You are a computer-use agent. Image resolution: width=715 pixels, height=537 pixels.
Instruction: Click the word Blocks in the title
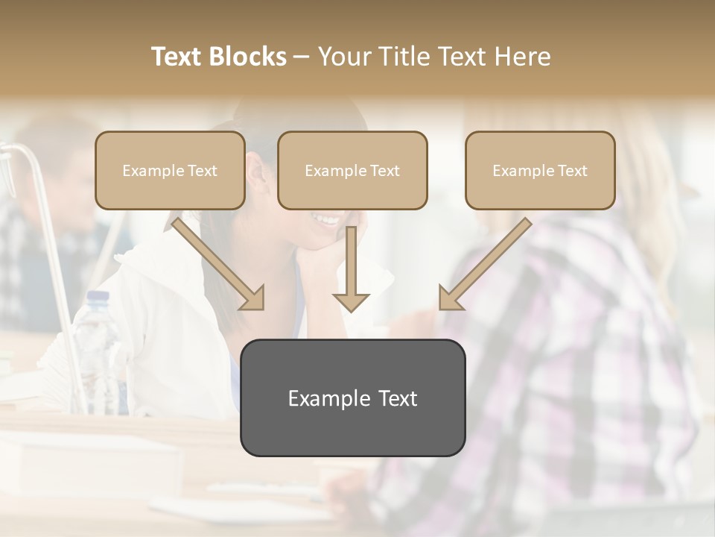click(249, 57)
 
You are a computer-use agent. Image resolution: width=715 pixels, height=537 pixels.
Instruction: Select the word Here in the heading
click(523, 57)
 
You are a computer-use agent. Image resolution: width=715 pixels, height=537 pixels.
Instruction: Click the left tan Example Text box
click(170, 170)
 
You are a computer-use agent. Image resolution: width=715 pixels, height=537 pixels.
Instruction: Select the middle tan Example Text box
click(352, 170)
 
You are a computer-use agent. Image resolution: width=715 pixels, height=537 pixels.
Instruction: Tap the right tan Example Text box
click(540, 170)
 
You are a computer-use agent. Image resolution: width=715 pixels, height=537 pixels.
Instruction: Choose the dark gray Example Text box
click(352, 398)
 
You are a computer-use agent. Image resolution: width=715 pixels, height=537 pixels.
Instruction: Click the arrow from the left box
click(217, 263)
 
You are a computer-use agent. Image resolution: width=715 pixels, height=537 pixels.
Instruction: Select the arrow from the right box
click(486, 263)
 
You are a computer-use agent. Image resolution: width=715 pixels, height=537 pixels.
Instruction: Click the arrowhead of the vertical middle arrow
click(351, 301)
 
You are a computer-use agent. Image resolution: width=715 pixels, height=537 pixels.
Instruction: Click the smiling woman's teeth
click(328, 219)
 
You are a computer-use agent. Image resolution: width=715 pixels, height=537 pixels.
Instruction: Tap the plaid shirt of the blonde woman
click(573, 336)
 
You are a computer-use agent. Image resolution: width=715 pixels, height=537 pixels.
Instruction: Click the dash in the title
click(302, 57)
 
